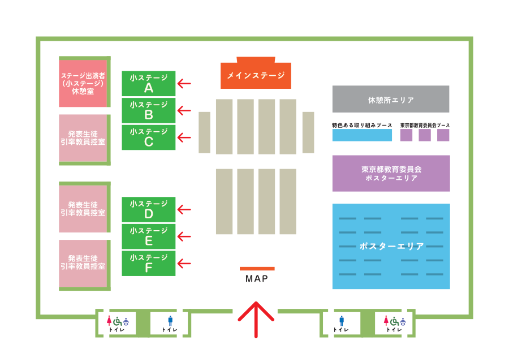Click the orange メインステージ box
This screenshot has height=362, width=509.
point(256,75)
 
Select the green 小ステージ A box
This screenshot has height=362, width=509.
point(149,83)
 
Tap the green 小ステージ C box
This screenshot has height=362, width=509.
point(149,137)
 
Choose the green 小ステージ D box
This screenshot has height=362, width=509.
point(149,209)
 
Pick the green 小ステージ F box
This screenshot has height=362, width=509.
point(149,264)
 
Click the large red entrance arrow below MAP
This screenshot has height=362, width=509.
point(256,319)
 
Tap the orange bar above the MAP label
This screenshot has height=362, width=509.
point(257,269)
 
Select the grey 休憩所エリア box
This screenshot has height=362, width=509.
point(391,99)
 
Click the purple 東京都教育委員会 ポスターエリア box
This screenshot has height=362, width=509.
point(391,173)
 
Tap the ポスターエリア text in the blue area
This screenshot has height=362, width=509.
point(391,247)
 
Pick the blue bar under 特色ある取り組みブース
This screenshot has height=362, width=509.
point(362,135)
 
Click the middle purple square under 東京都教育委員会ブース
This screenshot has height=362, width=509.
point(425,135)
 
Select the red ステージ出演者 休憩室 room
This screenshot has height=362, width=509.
point(83,83)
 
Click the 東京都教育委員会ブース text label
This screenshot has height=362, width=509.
point(425,124)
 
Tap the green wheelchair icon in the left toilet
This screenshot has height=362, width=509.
point(117,321)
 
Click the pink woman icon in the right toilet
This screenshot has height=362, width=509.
point(386,321)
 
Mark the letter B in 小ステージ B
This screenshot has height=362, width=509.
point(149,115)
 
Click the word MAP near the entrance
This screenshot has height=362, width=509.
point(257,279)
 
